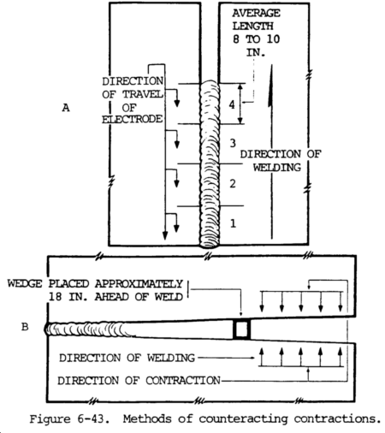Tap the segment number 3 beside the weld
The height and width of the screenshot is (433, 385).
coord(232,142)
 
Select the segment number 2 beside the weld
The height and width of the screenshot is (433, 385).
coord(232,183)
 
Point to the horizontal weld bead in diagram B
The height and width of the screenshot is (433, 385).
coord(128,329)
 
